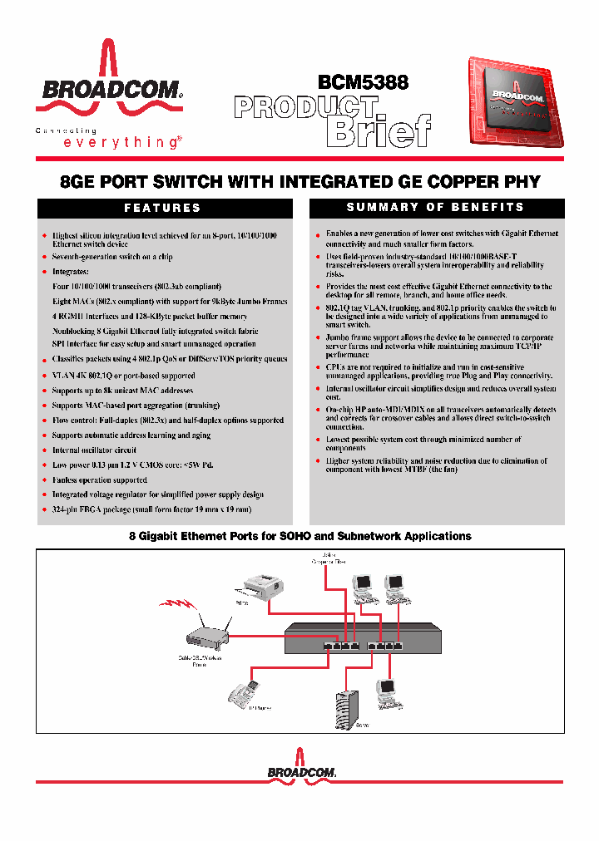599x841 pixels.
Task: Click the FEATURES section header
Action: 163,208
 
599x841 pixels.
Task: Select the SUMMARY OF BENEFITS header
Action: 435,207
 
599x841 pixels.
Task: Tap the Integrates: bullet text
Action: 70,272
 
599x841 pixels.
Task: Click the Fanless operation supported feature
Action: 99,480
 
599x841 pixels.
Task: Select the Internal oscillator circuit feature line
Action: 94,450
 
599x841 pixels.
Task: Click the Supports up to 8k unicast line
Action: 122,390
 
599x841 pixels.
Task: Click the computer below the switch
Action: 387,691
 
